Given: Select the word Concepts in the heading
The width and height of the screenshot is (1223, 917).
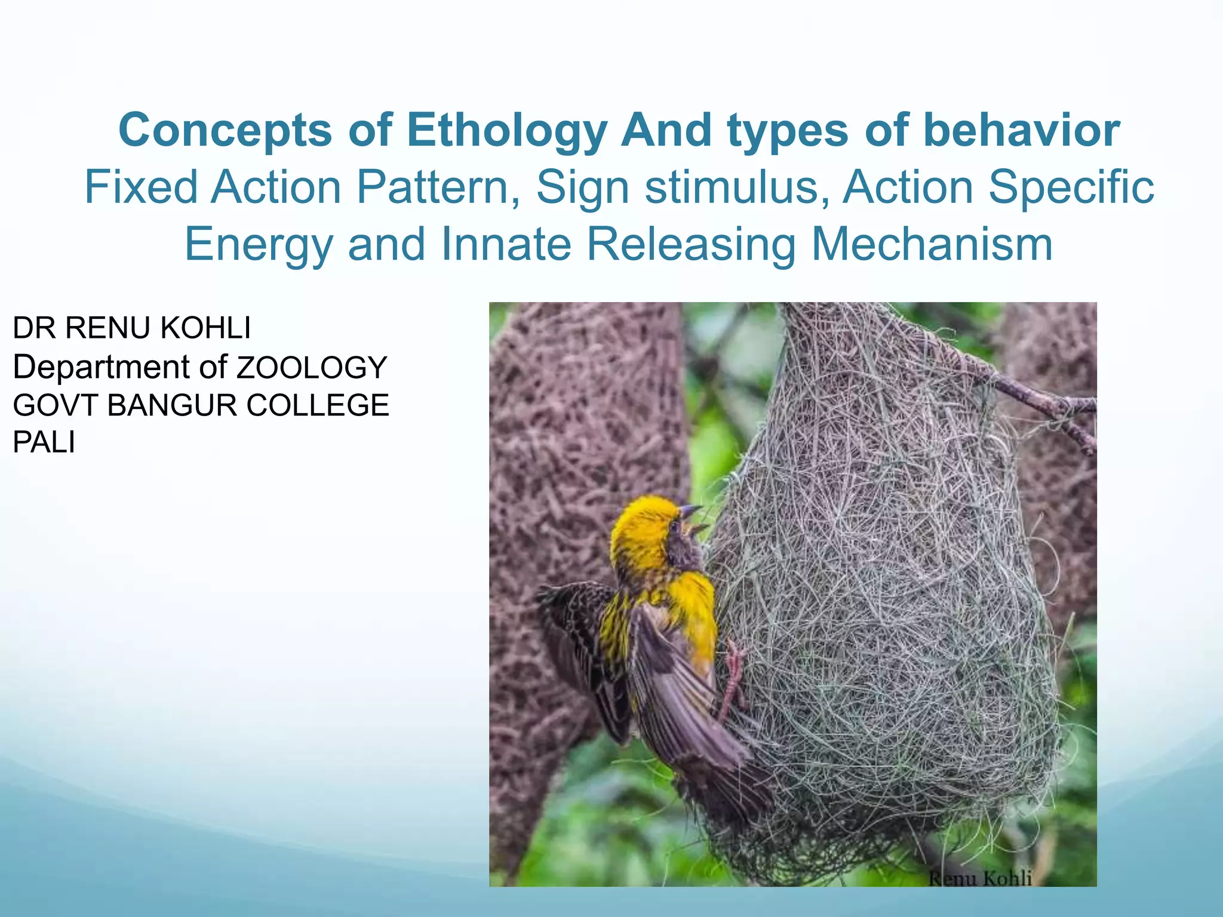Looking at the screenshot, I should [225, 131].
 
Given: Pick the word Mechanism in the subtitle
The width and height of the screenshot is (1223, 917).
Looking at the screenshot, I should [932, 245].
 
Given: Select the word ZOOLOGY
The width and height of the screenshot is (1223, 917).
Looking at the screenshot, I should [312, 368].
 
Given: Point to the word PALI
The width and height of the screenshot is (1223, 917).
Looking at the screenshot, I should [44, 444].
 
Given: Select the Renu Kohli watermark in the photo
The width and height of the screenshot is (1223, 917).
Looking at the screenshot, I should [980, 878].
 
